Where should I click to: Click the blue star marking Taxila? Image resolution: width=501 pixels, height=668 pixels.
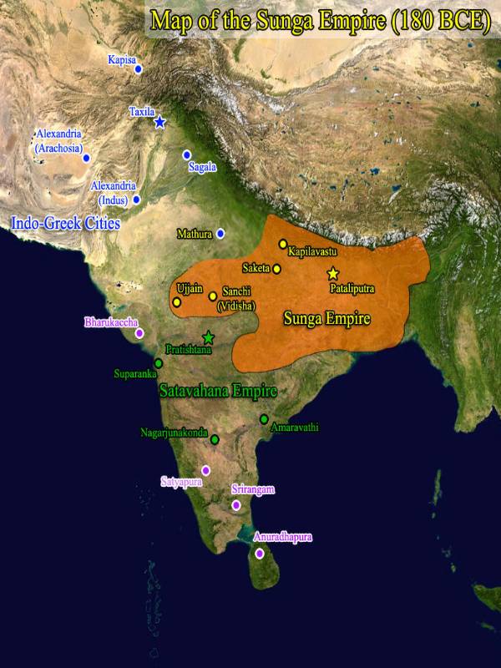point(159,123)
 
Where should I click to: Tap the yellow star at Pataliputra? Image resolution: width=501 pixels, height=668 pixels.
point(333,274)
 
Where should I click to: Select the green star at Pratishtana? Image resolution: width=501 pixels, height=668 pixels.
point(208,337)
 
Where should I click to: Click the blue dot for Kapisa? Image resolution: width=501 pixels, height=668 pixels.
point(139,69)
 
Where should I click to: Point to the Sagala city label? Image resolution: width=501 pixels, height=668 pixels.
point(202,167)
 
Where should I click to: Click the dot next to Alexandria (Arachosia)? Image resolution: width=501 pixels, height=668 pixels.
point(86,157)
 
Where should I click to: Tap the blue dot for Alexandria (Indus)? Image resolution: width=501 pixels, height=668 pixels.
point(136,200)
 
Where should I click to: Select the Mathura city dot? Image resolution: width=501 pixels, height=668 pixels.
point(220,234)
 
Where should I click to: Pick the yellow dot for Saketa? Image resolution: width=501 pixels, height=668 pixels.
point(276,269)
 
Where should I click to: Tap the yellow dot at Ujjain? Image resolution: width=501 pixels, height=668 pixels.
point(176,302)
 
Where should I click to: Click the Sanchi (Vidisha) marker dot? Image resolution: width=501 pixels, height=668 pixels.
point(213,296)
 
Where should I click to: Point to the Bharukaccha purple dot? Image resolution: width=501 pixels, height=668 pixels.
point(139,332)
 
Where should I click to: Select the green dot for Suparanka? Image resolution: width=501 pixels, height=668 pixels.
point(158,363)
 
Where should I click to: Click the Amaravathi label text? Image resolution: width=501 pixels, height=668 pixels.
point(294,428)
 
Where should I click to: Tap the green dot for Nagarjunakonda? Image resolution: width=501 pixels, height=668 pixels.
point(215,439)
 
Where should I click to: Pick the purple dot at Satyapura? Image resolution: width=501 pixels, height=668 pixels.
point(206,470)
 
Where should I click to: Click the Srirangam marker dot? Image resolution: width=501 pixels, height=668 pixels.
point(236,505)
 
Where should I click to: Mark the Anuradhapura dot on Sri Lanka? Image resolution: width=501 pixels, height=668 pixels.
point(260,554)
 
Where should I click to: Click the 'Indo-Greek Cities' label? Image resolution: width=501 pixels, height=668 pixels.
point(65,223)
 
